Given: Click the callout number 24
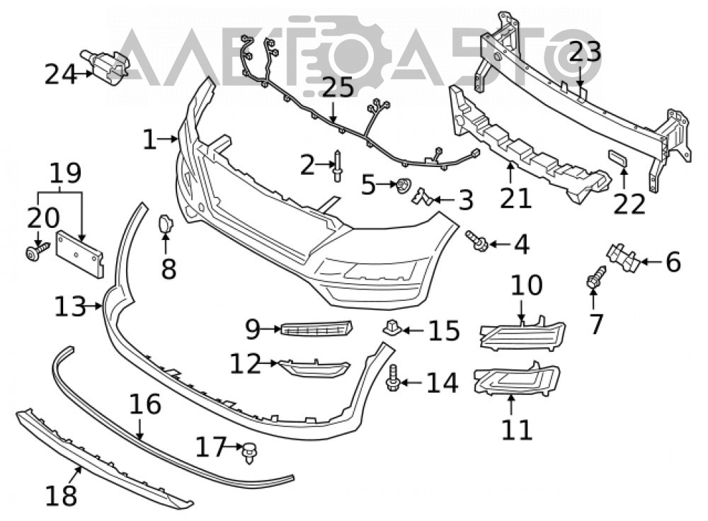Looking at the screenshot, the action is click(61, 75).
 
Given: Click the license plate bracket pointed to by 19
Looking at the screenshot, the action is click(79, 253).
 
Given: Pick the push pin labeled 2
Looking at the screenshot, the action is click(338, 166).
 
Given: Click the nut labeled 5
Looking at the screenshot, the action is click(403, 185).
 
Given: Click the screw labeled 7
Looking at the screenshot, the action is click(596, 277).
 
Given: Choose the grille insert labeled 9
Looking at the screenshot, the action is click(316, 328).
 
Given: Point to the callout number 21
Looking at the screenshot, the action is click(516, 199).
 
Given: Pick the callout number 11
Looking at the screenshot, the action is click(518, 430).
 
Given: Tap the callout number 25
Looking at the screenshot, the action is click(338, 88).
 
